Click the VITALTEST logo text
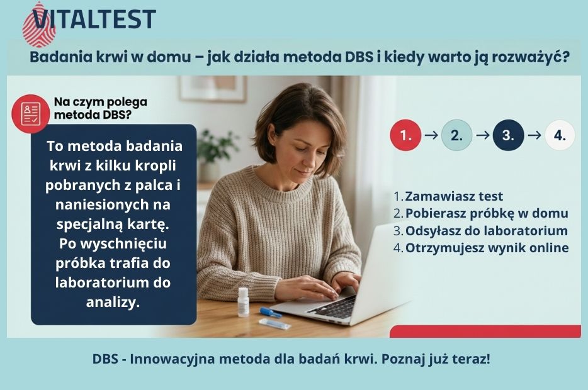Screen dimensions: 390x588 coord(94,18)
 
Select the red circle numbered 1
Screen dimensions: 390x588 coord(405,135)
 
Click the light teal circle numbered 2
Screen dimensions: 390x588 coord(456,135)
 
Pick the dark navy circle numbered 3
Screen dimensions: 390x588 coord(508,135)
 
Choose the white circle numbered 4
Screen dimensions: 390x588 coord(560,135)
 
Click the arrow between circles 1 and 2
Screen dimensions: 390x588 coord(431,135)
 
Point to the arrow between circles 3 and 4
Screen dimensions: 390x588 coord(534,135)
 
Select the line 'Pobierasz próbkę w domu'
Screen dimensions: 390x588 coord(486,213)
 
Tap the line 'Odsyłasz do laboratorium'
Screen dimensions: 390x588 coord(486,231)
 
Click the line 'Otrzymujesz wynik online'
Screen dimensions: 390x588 coord(486,248)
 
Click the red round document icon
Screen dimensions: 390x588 coord(31,113)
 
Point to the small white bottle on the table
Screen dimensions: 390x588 coord(243,301)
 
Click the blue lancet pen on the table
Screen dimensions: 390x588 coord(271,312)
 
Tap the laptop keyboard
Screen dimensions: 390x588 coord(334,308)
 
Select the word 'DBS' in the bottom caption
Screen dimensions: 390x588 coord(105,360)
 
